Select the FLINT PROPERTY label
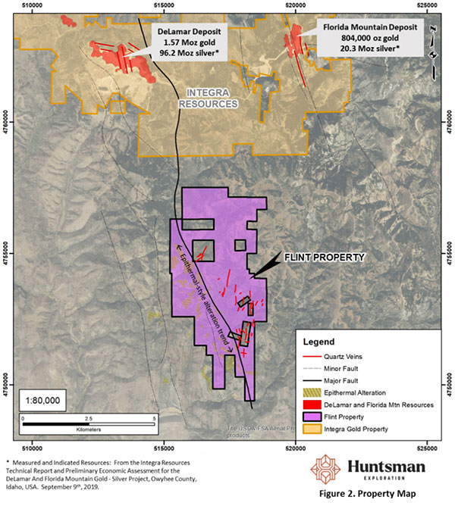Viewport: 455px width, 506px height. pos(325,258)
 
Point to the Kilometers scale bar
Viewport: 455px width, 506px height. pos(89,418)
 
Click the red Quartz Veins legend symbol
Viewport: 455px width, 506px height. pos(310,355)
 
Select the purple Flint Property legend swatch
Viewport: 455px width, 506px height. pos(310,417)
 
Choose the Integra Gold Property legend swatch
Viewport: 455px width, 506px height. pos(310,429)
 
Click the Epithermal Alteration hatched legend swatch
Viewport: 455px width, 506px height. pos(310,392)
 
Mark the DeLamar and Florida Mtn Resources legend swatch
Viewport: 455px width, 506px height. pos(310,404)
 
